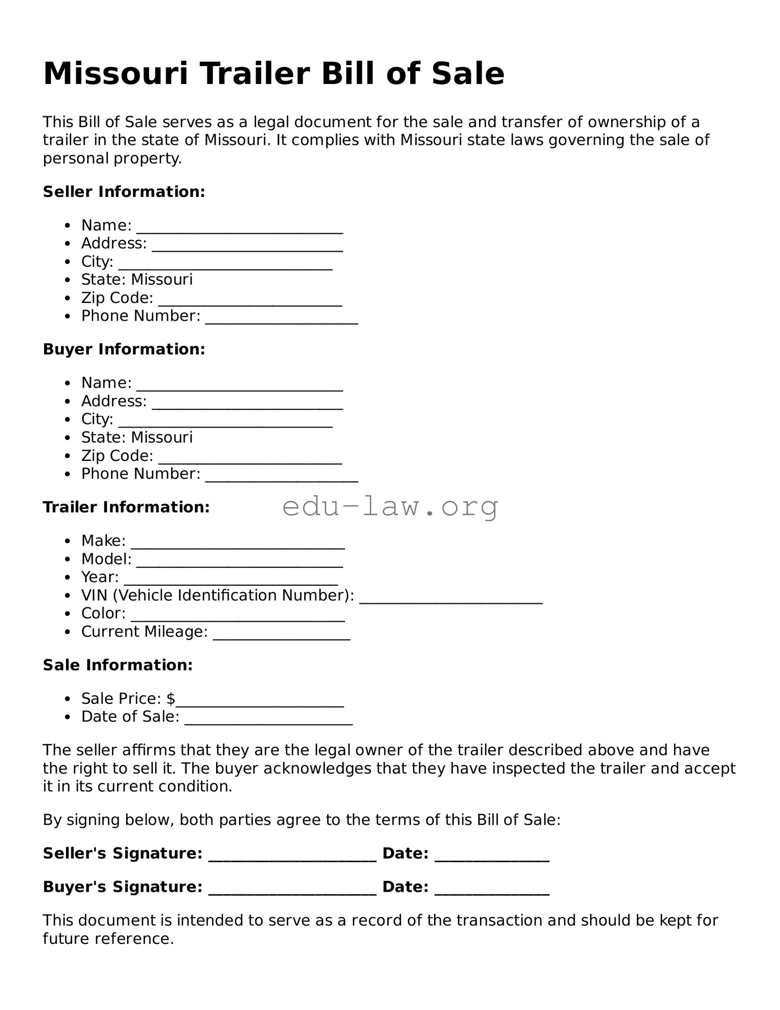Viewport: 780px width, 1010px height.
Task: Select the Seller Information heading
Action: point(124,192)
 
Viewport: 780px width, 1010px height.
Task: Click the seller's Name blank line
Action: point(239,230)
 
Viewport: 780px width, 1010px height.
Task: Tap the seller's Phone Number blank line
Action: point(281,321)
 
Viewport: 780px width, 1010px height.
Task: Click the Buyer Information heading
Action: point(124,349)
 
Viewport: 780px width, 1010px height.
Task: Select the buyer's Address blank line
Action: point(247,406)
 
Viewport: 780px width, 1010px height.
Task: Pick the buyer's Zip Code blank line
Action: point(250,460)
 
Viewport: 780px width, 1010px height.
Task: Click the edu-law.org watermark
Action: point(390,506)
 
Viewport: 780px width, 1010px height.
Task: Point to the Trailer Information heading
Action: point(126,507)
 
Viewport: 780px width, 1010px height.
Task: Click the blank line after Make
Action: point(238,545)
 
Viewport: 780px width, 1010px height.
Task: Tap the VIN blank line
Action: point(450,600)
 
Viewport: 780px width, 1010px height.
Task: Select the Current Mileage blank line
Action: point(281,636)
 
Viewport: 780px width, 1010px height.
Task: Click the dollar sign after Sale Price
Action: point(171,699)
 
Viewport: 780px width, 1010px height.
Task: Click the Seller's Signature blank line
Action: point(292,858)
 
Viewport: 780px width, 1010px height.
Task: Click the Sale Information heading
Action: point(118,665)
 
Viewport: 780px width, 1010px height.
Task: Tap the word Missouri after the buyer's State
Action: point(162,437)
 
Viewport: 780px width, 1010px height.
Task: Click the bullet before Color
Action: point(68,614)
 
